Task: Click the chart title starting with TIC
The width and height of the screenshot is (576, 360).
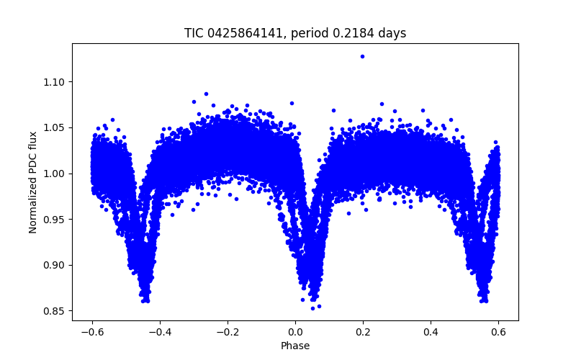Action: coord(295,33)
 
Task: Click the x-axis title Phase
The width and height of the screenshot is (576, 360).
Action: coord(295,346)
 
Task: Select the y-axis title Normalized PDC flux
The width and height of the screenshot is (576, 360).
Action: coord(33,182)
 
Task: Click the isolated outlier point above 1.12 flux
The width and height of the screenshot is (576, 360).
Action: coord(362,56)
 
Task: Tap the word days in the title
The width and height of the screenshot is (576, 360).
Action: coord(393,33)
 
